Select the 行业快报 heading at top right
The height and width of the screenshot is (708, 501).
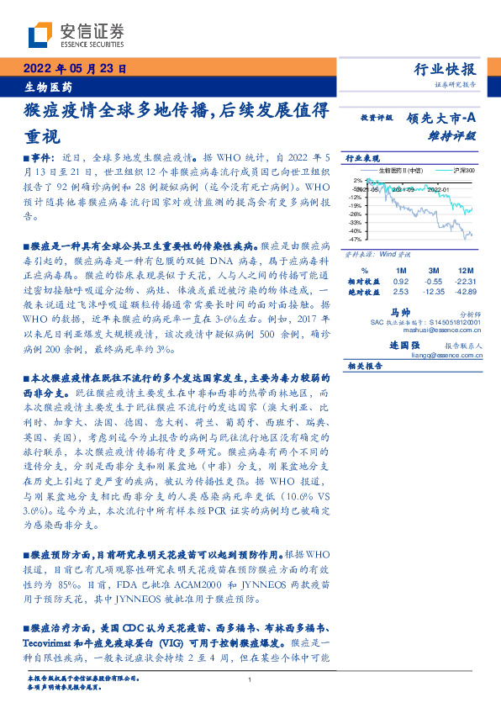coord(445,71)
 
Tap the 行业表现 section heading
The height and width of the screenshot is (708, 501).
coord(363,158)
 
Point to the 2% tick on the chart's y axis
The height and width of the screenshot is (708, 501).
coord(356,180)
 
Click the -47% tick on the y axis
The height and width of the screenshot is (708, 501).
coord(355,240)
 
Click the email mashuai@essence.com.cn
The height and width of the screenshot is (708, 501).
coord(445,331)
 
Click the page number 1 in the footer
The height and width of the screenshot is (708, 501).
coord(250,680)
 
